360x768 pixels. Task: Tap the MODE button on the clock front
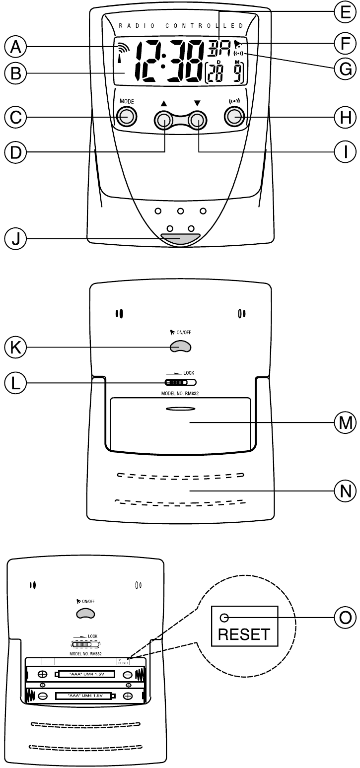[127, 116]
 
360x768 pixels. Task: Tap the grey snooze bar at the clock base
[180, 239]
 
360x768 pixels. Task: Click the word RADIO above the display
[131, 25]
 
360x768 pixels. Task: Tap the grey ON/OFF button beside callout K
[180, 347]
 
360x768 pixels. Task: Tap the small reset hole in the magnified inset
[224, 618]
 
